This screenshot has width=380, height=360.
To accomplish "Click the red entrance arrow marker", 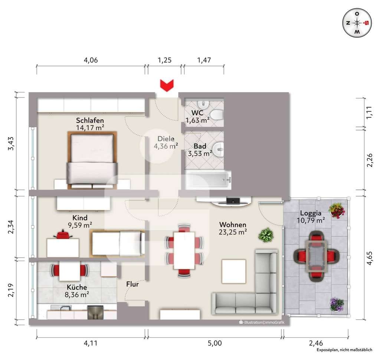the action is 167,86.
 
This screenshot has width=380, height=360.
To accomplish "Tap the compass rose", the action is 357,23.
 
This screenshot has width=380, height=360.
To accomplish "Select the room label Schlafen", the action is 90,120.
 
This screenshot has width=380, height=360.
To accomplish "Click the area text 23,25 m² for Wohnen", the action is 233,232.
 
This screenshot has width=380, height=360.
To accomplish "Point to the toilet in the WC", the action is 216,115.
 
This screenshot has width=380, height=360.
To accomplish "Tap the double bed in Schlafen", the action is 92,160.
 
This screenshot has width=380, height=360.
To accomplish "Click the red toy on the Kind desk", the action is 63,234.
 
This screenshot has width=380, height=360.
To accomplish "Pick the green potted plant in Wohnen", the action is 266,235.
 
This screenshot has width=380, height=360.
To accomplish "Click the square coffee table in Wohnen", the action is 234,271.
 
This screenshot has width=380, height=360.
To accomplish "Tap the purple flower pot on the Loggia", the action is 337,304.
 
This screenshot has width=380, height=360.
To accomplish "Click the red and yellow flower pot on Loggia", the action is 336,210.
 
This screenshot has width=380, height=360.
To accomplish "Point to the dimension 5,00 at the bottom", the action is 215,343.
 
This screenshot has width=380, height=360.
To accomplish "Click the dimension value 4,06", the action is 91,60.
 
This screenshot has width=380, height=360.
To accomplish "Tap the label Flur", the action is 132,284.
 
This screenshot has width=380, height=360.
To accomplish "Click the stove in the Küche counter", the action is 95,312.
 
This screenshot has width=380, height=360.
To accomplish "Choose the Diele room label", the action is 166,139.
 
